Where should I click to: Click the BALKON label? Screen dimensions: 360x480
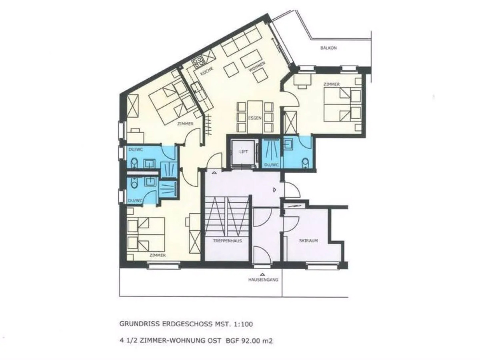(328, 48)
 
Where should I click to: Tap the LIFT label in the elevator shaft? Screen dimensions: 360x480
(244, 152)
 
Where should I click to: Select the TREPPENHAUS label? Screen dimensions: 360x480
(227, 241)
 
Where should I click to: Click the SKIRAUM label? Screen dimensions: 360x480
(308, 241)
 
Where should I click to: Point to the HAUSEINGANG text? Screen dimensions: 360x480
(263, 280)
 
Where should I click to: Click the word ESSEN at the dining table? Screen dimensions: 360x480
(255, 118)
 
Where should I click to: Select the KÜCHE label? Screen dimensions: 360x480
(207, 71)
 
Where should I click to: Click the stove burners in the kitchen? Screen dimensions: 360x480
(198, 61)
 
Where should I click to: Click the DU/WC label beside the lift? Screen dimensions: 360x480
(271, 165)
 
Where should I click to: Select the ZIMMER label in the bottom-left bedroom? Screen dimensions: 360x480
(158, 255)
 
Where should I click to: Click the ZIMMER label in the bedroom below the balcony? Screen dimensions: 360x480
(331, 84)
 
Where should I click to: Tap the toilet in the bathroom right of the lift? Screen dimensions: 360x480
(304, 163)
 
